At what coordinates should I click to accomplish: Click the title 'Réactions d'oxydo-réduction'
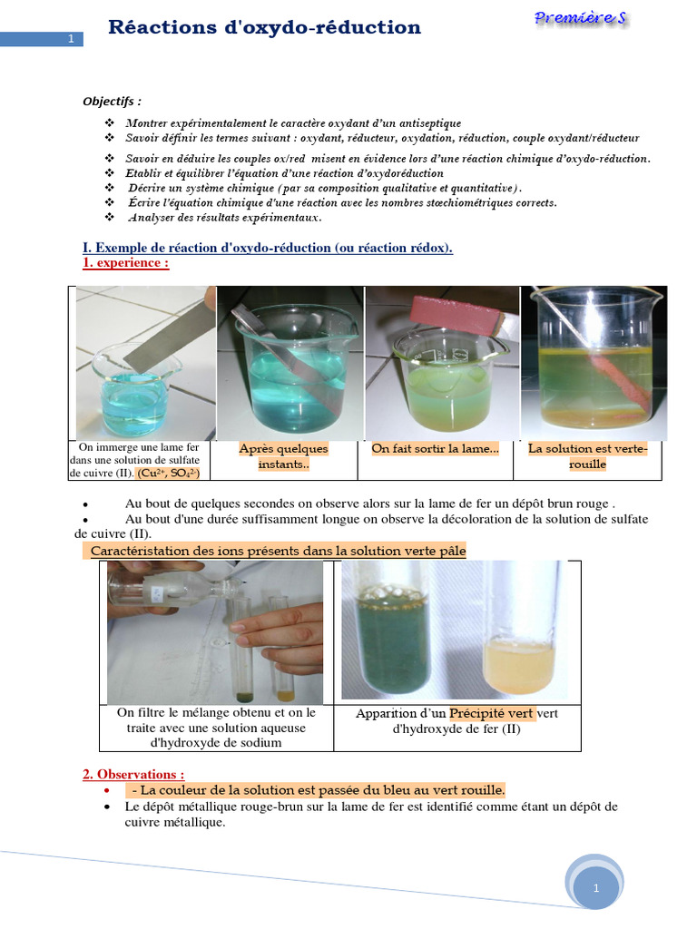pyautogui.click(x=264, y=28)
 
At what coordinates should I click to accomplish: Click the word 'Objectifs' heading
pyautogui.click(x=113, y=101)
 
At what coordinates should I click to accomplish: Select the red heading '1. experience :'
pyautogui.click(x=125, y=263)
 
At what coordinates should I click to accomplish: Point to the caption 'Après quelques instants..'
pyautogui.click(x=283, y=456)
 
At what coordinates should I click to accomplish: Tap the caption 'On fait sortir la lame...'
pyautogui.click(x=435, y=448)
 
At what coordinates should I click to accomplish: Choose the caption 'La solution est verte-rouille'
pyautogui.click(x=587, y=456)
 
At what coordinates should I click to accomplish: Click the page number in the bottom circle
pyautogui.click(x=595, y=889)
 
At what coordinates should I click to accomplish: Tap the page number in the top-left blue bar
pyautogui.click(x=71, y=39)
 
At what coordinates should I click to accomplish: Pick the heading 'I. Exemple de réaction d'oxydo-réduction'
pyautogui.click(x=267, y=248)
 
